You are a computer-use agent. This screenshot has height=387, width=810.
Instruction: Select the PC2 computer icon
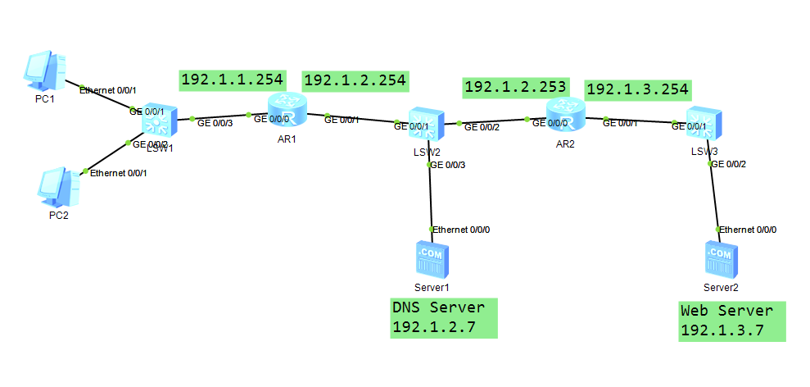[58, 186]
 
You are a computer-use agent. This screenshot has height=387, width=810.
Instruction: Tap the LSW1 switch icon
[157, 124]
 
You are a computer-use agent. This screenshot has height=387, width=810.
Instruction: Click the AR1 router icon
[286, 109]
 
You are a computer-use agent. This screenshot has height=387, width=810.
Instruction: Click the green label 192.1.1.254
[232, 80]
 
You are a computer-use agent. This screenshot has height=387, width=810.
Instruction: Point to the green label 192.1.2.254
[355, 80]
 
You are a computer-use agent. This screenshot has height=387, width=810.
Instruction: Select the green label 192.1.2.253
[516, 85]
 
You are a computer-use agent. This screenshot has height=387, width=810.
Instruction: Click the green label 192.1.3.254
[638, 88]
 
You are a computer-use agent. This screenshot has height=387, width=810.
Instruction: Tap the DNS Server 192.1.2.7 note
[444, 317]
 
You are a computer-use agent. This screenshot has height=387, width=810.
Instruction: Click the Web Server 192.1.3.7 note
[732, 321]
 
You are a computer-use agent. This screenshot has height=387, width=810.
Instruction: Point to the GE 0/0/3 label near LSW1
[215, 122]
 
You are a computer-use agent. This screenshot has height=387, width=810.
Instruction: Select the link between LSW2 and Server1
[430, 198]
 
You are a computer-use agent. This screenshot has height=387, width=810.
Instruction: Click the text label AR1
[286, 139]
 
